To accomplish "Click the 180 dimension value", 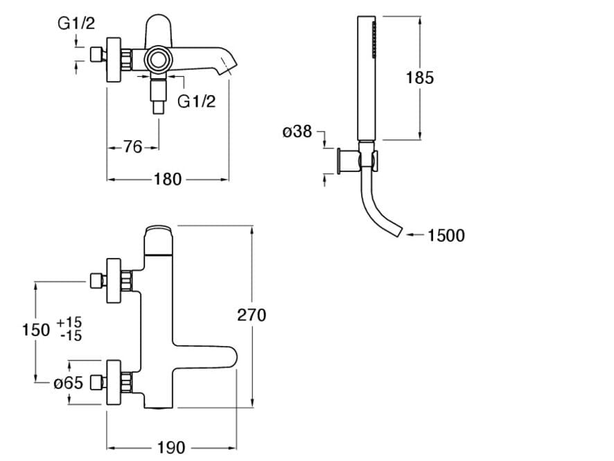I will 167,180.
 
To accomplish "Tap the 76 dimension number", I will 132,147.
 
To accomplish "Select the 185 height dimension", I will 420,77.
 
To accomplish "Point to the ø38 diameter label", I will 297,131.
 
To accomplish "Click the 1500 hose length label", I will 446,236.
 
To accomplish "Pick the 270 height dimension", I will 252,315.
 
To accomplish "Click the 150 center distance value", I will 37,329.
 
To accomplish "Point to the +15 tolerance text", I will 69,322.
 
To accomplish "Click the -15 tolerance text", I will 69,336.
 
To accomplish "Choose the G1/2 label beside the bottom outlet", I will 197,101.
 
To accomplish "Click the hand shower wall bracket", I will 344,162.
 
